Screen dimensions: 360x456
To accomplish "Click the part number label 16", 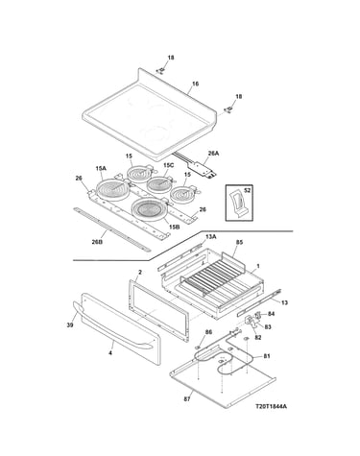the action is click(x=195, y=84).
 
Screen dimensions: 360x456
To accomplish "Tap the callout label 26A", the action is click(x=213, y=154).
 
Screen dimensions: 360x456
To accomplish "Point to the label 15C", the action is click(x=168, y=165).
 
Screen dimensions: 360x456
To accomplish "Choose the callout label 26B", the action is click(x=97, y=242).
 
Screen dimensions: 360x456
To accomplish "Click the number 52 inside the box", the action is click(x=247, y=190).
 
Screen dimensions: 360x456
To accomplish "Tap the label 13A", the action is click(x=210, y=237).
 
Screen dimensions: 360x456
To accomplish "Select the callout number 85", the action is click(x=239, y=242).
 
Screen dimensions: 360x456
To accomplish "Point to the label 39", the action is click(x=70, y=325).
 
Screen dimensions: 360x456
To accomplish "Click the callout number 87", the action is click(x=187, y=399).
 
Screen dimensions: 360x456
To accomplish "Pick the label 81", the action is click(x=267, y=356).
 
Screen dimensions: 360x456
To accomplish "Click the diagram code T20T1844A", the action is click(x=271, y=406).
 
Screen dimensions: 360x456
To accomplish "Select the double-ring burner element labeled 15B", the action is click(x=149, y=209).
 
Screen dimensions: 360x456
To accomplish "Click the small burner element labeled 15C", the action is click(x=160, y=184).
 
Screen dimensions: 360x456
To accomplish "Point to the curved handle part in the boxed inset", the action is click(x=238, y=204).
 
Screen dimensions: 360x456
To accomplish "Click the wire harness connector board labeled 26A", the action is click(x=204, y=168).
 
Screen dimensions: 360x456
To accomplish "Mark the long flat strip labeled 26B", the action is click(x=111, y=229).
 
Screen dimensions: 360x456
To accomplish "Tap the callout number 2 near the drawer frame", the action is click(x=140, y=273).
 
